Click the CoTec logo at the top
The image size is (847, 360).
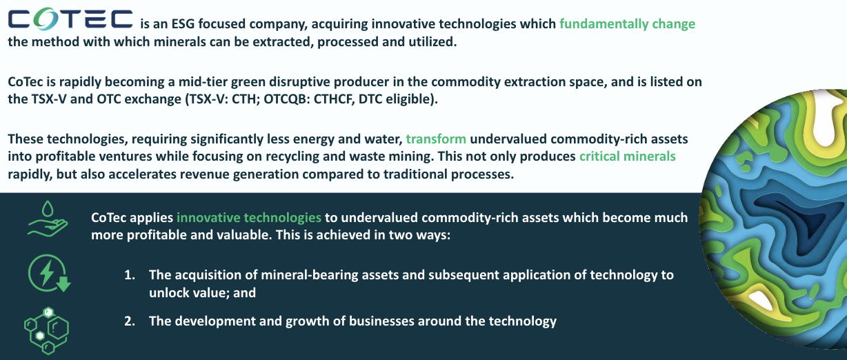point(70,19)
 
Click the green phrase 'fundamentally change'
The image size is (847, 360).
point(627,24)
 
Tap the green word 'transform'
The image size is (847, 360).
point(436,139)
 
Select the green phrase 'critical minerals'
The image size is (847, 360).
point(627,156)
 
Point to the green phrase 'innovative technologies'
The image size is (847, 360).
point(249,217)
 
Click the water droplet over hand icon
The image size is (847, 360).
point(48,219)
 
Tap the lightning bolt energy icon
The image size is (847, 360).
point(49,273)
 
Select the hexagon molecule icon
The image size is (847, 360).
point(46,330)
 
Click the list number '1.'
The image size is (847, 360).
point(130,275)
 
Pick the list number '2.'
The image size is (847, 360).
point(130,321)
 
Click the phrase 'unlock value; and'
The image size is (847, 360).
point(202,292)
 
